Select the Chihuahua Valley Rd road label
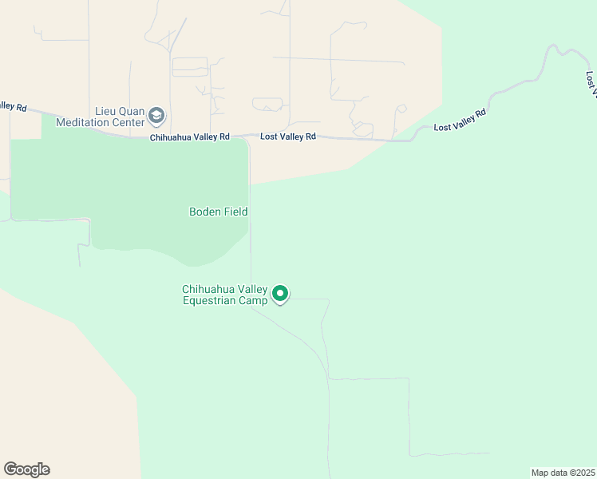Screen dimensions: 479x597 click(x=190, y=137)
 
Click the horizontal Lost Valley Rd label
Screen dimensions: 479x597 click(x=288, y=137)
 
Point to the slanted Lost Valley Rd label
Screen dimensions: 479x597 click(x=460, y=121)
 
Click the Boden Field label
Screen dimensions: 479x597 click(x=218, y=212)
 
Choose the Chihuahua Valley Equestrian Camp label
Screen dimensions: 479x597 click(x=225, y=295)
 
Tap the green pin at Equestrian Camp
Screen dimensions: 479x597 click(x=280, y=294)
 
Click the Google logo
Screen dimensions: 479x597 click(x=26, y=469)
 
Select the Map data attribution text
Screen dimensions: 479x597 click(x=563, y=473)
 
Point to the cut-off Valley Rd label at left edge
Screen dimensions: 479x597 click(x=14, y=105)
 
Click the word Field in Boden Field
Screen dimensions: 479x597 click(x=235, y=212)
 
